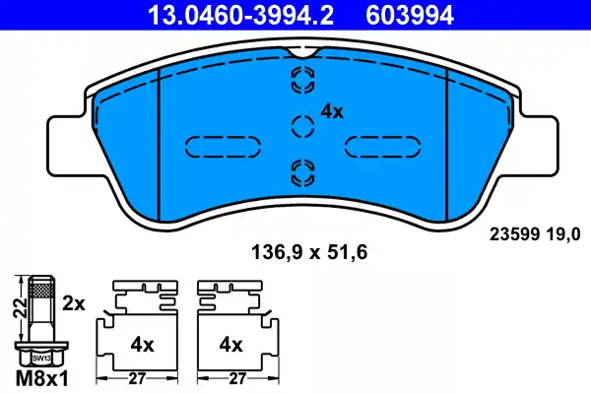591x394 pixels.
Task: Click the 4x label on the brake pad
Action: click(331, 112)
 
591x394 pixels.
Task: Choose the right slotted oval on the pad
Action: click(381, 145)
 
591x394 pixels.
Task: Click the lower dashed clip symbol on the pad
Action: click(300, 174)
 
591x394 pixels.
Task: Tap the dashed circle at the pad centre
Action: click(300, 125)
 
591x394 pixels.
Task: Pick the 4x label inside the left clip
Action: click(143, 345)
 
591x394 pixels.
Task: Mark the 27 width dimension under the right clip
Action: click(237, 377)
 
